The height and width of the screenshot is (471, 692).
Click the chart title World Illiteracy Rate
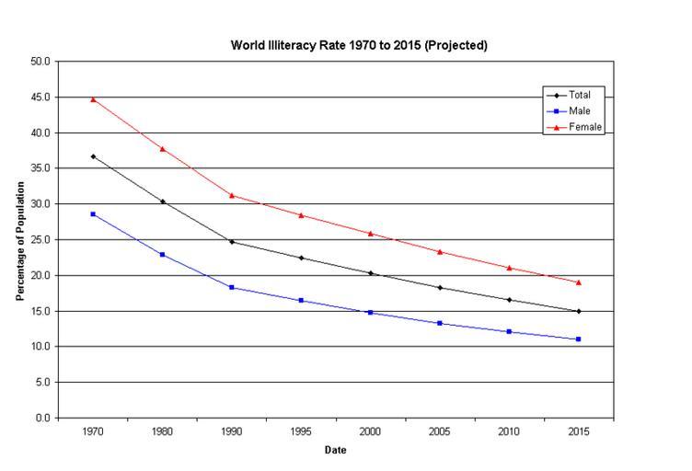pyautogui.click(x=359, y=45)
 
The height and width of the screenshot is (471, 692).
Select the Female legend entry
pyautogui.click(x=585, y=127)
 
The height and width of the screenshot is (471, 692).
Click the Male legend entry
pyautogui.click(x=580, y=110)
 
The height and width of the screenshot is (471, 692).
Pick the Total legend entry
pyautogui.click(x=581, y=95)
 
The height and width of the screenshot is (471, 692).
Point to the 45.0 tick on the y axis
pyautogui.click(x=41, y=97)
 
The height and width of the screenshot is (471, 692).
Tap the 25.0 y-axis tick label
pyautogui.click(x=41, y=239)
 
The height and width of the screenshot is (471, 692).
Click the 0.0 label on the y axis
pyautogui.click(x=43, y=418)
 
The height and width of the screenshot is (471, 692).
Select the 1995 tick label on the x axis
pyautogui.click(x=301, y=432)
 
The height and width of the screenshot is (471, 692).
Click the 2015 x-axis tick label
pyautogui.click(x=579, y=432)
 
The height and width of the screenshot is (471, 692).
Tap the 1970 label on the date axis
pyautogui.click(x=93, y=432)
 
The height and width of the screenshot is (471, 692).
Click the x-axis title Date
pyautogui.click(x=335, y=450)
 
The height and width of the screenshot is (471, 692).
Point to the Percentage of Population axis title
pyautogui.click(x=20, y=241)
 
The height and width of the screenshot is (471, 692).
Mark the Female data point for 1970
pyautogui.click(x=93, y=99)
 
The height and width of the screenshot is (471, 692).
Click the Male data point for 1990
pyautogui.click(x=232, y=287)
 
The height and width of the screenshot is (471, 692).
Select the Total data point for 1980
pyautogui.click(x=163, y=201)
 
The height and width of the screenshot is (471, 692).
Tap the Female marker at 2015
pyautogui.click(x=579, y=282)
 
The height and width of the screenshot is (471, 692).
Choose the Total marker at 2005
pyautogui.click(x=440, y=287)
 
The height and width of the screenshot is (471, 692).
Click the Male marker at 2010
pyautogui.click(x=509, y=331)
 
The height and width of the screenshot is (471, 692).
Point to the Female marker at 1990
pyautogui.click(x=232, y=195)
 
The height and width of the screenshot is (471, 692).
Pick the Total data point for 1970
pyautogui.click(x=93, y=156)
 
